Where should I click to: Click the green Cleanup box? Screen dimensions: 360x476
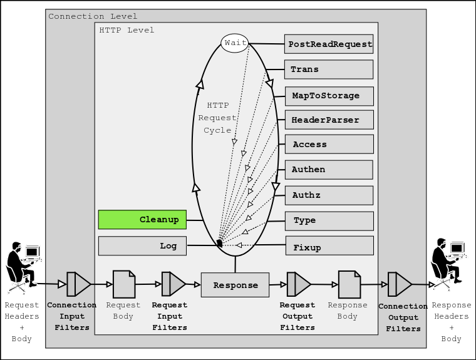(142, 220)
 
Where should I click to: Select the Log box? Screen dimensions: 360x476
(142, 246)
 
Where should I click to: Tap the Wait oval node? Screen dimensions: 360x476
(235, 43)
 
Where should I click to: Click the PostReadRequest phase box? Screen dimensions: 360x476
(329, 44)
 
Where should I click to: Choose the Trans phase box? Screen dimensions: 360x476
(329, 69)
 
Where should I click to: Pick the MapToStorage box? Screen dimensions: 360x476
(329, 96)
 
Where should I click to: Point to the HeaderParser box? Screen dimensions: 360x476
(329, 120)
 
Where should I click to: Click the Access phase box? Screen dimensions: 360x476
(329, 145)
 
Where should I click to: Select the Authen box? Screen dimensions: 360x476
(329, 170)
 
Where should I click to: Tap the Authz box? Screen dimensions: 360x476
(329, 195)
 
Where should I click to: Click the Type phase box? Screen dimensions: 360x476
(329, 220)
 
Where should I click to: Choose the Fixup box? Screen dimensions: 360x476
(329, 246)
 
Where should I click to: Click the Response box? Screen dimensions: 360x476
(235, 285)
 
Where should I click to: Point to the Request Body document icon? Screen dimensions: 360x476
(123, 284)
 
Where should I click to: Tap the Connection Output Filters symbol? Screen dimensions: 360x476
(399, 284)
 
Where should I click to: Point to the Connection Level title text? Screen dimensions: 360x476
(93, 16)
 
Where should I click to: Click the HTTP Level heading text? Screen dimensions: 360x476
(127, 30)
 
